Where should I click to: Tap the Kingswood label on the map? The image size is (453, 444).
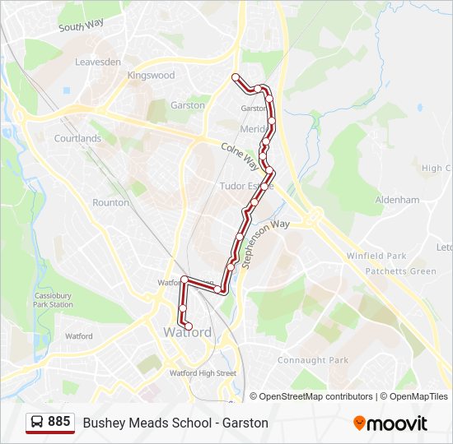[151, 75]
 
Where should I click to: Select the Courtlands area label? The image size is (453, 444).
[77, 139]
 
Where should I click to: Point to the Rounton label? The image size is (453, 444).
[110, 202]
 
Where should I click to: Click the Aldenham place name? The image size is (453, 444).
[398, 200]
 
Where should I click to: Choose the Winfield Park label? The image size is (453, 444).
[376, 257]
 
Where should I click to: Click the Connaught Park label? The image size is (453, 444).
[313, 360]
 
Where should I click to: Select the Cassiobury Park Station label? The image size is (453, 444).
[53, 299]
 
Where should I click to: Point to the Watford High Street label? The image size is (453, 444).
[203, 373]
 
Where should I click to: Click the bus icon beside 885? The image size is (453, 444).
[38, 423]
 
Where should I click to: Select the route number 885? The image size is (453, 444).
[58, 422]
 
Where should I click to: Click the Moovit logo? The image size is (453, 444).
[390, 423]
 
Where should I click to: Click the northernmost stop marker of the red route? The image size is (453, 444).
[236, 77]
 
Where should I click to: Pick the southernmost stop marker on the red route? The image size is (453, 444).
[188, 326]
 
